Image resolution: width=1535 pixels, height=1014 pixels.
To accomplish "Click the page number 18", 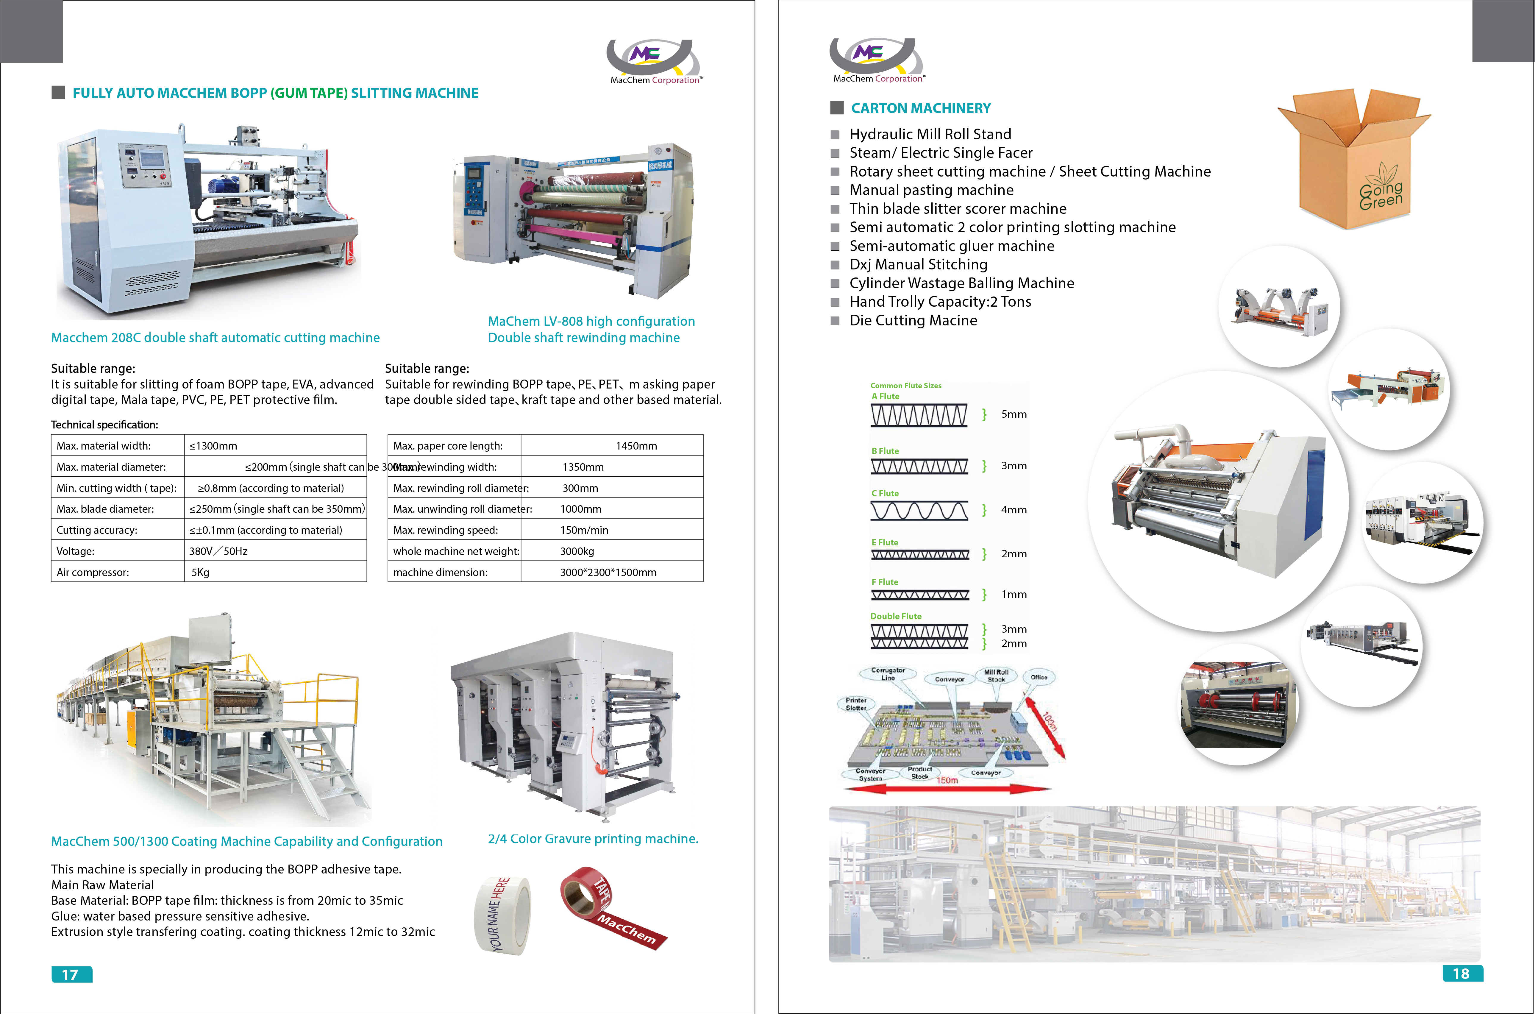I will [x=1461, y=973].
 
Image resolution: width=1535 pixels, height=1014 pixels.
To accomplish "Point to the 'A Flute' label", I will [x=885, y=397].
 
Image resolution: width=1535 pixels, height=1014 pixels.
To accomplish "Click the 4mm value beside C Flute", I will [x=1013, y=510].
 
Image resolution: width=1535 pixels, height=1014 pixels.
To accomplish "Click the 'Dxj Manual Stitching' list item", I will [x=918, y=264].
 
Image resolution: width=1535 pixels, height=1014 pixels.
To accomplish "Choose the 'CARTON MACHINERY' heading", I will [x=921, y=108].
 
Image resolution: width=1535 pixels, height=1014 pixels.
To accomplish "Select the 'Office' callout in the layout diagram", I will [x=1039, y=677].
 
